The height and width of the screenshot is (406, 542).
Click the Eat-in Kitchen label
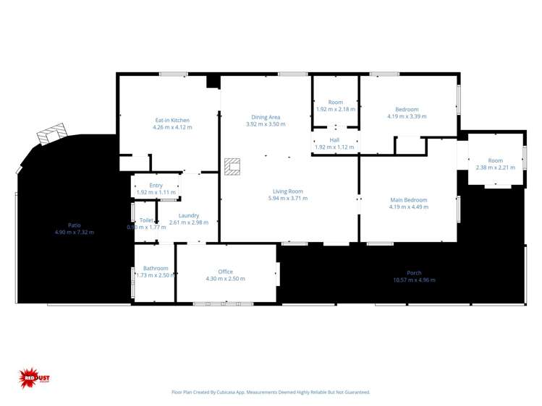(x=172, y=120)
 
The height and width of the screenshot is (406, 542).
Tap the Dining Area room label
(x=266, y=117)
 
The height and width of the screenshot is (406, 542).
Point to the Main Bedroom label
(x=409, y=200)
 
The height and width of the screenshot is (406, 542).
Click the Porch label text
(x=414, y=273)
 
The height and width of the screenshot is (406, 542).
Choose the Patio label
(x=74, y=225)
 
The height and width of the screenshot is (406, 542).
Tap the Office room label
(x=225, y=272)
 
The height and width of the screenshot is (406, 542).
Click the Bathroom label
(x=156, y=268)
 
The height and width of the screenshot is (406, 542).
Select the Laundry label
(x=189, y=215)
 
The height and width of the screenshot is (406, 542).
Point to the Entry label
(x=156, y=186)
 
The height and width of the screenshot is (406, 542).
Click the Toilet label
(x=146, y=220)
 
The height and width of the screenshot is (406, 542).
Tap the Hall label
(x=334, y=140)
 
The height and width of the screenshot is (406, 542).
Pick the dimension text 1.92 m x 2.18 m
(x=335, y=109)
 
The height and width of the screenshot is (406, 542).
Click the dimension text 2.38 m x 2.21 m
(x=495, y=168)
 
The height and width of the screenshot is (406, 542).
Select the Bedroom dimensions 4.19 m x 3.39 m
(x=407, y=116)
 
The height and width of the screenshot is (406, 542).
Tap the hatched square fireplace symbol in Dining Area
(x=232, y=167)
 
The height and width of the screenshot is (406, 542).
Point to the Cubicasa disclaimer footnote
(x=271, y=392)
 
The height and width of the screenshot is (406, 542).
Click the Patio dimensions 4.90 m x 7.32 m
(x=74, y=232)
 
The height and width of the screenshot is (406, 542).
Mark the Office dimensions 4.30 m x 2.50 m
(x=225, y=279)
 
